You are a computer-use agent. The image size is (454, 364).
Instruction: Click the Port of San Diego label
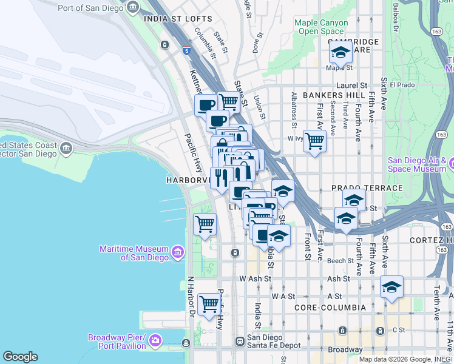91,8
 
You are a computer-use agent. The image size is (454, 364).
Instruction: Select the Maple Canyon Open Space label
321,27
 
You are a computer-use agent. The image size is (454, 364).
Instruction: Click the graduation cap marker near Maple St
341,52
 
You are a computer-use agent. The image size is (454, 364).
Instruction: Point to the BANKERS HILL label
334,95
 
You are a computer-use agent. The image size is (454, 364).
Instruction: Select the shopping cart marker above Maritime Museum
205,223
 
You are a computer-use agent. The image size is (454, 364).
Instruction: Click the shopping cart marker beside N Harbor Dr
209,303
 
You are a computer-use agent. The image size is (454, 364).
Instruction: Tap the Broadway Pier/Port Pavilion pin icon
156,340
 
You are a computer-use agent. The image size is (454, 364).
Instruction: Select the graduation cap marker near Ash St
392,287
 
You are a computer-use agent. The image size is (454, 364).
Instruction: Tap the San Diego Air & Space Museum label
417,164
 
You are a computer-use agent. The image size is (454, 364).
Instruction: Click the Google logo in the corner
19,356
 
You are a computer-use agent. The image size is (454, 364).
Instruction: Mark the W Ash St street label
254,278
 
